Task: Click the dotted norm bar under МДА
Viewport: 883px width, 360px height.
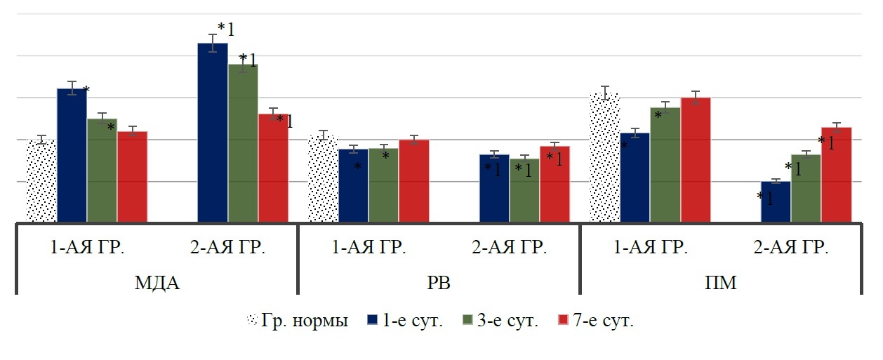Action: [x=41, y=181]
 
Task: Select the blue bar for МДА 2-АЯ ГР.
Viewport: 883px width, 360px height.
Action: [x=213, y=133]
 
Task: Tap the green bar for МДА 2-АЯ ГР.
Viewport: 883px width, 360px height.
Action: [x=243, y=144]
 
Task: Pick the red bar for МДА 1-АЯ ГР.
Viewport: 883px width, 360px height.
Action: [x=132, y=177]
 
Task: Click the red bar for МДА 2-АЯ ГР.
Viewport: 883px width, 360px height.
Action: [x=273, y=168]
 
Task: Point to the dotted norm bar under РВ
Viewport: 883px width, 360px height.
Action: [x=323, y=180]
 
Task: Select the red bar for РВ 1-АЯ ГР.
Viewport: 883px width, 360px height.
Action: [x=413, y=181]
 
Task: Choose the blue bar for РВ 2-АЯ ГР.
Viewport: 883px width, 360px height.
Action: [x=494, y=189]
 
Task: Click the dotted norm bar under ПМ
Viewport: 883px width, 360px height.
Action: [x=604, y=158]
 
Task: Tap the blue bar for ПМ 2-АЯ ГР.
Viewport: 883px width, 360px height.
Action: [x=776, y=202]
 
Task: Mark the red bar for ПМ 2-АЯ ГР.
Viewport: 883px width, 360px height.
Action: [x=836, y=175]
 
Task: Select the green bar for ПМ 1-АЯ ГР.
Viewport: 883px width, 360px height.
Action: [x=665, y=165]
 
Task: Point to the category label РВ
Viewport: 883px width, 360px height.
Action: [x=439, y=284]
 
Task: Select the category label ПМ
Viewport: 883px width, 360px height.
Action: [x=720, y=284]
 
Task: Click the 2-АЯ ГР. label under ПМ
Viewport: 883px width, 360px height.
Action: [x=791, y=247]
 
